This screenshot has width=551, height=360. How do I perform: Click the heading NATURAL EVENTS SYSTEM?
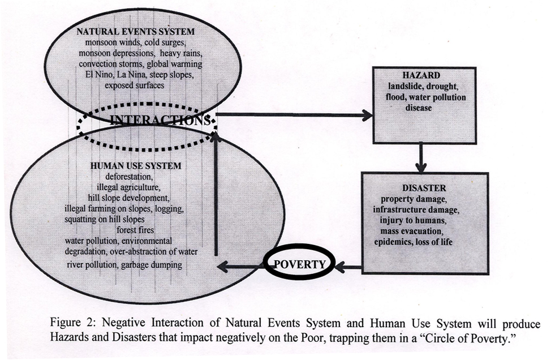pos(136,32)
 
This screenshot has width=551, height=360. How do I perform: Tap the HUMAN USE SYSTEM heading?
pos(136,166)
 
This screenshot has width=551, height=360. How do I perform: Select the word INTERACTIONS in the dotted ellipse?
pos(161,121)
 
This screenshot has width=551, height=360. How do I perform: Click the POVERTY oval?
pos(299,264)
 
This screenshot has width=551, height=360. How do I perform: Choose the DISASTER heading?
pos(424,188)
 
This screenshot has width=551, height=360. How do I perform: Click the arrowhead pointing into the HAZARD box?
pos(368,115)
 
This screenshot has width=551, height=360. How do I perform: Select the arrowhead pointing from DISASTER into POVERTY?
pos(340,267)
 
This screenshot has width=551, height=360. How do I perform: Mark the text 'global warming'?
pos(174,65)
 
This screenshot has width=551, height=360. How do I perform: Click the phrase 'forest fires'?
pos(135,230)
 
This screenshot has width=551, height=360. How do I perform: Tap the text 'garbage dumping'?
pos(152,265)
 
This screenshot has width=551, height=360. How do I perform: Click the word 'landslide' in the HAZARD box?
pos(404,86)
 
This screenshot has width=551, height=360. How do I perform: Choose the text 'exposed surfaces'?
pos(134,85)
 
